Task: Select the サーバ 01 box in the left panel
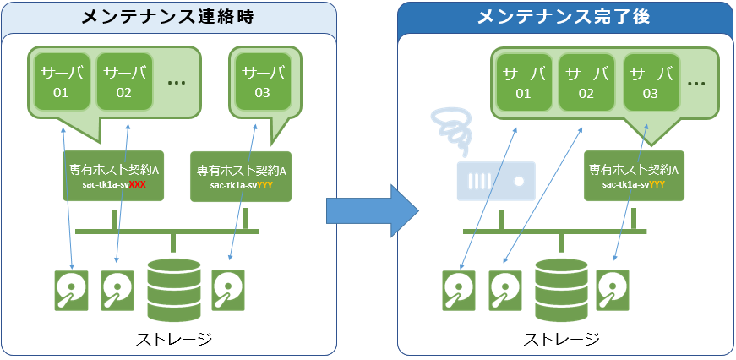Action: click(x=60, y=82)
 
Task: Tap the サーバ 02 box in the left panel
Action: click(x=124, y=82)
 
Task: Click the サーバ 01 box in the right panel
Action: click(x=523, y=83)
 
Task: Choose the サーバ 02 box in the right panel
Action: click(x=586, y=83)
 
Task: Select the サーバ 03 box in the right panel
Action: click(x=650, y=83)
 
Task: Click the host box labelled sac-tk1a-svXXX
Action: click(x=114, y=176)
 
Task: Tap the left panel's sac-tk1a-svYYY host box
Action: click(x=242, y=177)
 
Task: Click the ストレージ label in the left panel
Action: click(x=173, y=339)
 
